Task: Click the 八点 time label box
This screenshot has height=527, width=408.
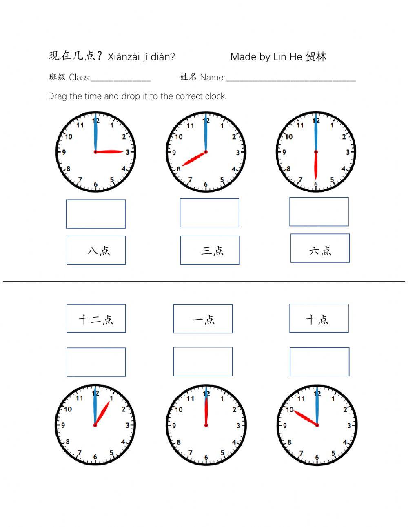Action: [96, 250]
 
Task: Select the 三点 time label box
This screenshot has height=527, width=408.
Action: [210, 250]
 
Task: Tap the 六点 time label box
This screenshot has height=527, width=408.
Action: [320, 248]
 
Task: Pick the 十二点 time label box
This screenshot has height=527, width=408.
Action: [96, 318]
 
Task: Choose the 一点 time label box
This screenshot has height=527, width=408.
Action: [203, 318]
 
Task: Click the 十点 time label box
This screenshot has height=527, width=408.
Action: [319, 318]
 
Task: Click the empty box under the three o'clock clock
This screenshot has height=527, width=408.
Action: [95, 214]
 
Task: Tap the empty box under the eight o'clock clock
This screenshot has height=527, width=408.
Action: [209, 213]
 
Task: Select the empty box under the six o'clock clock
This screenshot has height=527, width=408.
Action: [319, 212]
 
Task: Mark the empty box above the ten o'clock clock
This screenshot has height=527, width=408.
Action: [319, 362]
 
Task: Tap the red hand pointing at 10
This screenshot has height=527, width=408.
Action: [304, 418]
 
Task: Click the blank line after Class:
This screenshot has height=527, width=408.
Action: [121, 79]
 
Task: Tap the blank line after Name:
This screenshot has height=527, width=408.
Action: [290, 79]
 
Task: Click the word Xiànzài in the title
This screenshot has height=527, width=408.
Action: [123, 57]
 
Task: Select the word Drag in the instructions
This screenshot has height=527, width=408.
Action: [58, 96]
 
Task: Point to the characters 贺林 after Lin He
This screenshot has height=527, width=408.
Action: [315, 56]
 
